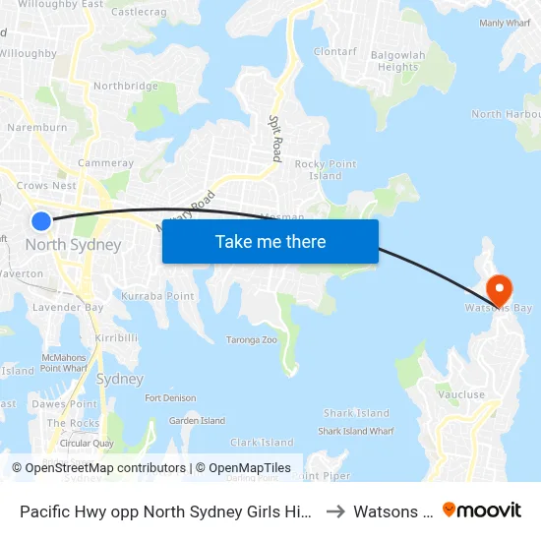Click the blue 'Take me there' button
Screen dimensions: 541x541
[x=270, y=242]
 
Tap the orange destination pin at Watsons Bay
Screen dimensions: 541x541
[x=499, y=289]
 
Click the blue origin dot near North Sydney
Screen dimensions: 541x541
[x=41, y=220]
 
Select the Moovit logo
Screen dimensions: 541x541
[x=482, y=511]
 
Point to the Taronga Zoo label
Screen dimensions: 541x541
[x=252, y=339]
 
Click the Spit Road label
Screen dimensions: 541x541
[x=276, y=138]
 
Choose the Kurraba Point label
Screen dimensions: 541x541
[x=157, y=296]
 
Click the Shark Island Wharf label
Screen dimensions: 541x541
[x=356, y=431]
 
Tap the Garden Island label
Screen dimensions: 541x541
[x=198, y=421]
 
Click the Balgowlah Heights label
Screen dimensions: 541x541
[x=398, y=61]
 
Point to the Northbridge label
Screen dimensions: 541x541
[x=125, y=87]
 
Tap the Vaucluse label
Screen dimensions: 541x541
[x=462, y=394]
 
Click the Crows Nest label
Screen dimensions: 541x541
[x=46, y=185]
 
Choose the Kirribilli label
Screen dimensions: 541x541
[x=116, y=337]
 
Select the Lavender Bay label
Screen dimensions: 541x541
[x=68, y=308]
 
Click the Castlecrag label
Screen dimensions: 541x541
[x=138, y=12]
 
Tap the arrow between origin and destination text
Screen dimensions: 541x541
[x=335, y=511]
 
